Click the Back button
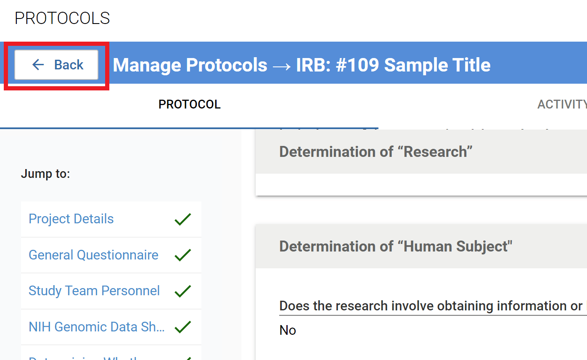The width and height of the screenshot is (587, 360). coord(56,65)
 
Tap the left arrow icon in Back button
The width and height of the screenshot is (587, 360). coord(38,65)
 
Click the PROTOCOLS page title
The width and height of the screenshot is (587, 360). coord(62,19)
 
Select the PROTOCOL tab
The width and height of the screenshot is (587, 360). coord(189,104)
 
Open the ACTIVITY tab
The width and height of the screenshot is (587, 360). coord(562,104)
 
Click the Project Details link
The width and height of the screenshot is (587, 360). coord(71,219)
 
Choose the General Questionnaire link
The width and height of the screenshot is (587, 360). coord(93,255)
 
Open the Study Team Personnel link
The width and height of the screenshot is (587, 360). coord(94,291)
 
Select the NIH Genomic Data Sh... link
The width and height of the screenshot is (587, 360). coord(96,327)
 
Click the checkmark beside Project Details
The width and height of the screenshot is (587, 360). coord(182,219)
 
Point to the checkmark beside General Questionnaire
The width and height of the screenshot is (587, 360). coord(182,255)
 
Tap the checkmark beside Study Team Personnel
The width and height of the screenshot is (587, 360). coord(182,291)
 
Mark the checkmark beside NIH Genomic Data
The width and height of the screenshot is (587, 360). coord(182,327)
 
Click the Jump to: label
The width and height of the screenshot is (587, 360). coord(45,174)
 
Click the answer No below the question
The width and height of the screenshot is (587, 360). coord(288,330)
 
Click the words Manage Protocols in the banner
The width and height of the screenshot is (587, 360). coord(190,65)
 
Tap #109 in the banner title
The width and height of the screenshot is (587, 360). coord(357,65)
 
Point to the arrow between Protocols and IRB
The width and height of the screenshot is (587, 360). coord(282,66)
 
